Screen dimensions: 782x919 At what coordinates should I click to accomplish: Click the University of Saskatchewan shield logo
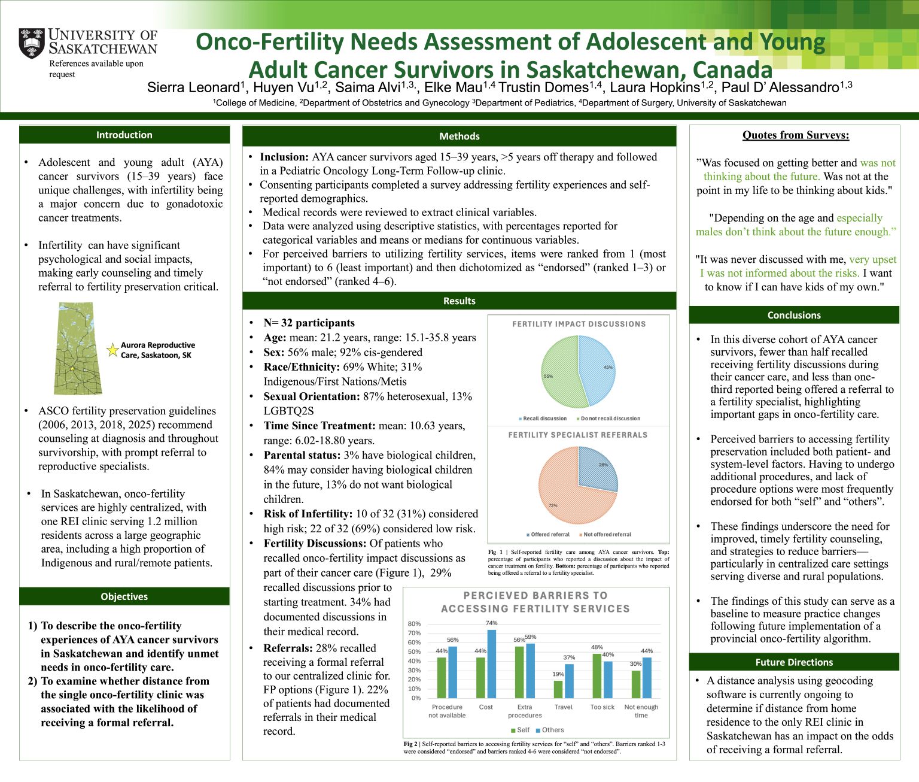tap(32, 43)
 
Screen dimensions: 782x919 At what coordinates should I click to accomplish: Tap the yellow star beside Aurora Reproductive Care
tap(112, 350)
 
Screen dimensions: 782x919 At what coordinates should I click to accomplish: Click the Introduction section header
tap(124, 135)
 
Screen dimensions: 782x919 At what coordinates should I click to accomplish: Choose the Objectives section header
tap(124, 596)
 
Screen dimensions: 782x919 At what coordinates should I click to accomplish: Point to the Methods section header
tap(459, 136)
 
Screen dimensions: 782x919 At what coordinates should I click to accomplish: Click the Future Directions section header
tap(794, 662)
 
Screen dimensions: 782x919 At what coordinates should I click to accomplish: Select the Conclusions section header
tap(794, 315)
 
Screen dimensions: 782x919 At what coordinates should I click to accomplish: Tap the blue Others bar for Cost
tap(492, 663)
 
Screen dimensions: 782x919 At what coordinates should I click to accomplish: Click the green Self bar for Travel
tap(558, 689)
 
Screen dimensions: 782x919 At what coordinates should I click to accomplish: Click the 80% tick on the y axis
tap(414, 624)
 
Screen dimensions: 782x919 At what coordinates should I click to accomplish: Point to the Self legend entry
tap(520, 730)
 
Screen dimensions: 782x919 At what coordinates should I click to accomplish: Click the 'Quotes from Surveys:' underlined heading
tap(795, 135)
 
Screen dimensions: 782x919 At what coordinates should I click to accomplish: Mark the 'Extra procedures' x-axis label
tap(525, 711)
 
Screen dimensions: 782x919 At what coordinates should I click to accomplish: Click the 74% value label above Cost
tap(492, 623)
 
